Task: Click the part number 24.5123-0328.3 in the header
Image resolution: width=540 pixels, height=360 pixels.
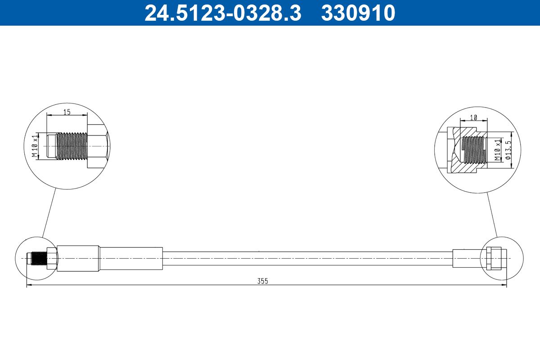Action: point(223,13)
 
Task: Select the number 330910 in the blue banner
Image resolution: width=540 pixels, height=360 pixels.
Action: point(358,13)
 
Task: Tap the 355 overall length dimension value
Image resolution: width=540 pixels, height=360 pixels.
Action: point(262,281)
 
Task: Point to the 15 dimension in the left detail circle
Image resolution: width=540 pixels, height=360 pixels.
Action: point(67,112)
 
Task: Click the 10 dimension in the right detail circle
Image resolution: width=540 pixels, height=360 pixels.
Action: point(474,117)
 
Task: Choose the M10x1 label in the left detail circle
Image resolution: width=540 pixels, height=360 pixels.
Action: point(35,146)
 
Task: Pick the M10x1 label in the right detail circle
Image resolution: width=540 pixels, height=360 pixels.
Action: point(497,150)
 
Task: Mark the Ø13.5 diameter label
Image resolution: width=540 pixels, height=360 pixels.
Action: point(508,150)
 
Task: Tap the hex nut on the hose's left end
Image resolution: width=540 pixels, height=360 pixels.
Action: point(52,258)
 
